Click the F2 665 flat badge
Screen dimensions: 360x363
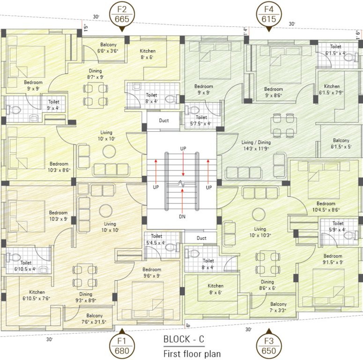pos(121,14)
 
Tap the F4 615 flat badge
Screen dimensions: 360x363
pos(269,14)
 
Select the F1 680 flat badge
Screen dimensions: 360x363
pos(121,345)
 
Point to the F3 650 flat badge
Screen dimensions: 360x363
pos(269,345)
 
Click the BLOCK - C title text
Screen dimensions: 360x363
pos(184,339)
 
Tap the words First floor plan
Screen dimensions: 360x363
pos(192,353)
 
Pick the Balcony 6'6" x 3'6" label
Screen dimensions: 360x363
pos(107,47)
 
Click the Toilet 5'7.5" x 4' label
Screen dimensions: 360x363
pos(201,120)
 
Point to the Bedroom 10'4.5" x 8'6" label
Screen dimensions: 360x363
pos(326,207)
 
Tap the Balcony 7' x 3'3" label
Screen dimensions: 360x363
pos(278,307)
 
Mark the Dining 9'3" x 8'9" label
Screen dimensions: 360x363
pos(86,297)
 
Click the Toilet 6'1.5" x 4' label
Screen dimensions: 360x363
pos(335,50)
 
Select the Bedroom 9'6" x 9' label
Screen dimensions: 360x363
pos(152,272)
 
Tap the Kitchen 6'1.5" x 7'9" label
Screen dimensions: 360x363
pos(332,90)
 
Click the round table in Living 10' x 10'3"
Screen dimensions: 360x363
pos(259,216)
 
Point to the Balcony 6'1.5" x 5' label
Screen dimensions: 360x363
pos(341,143)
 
